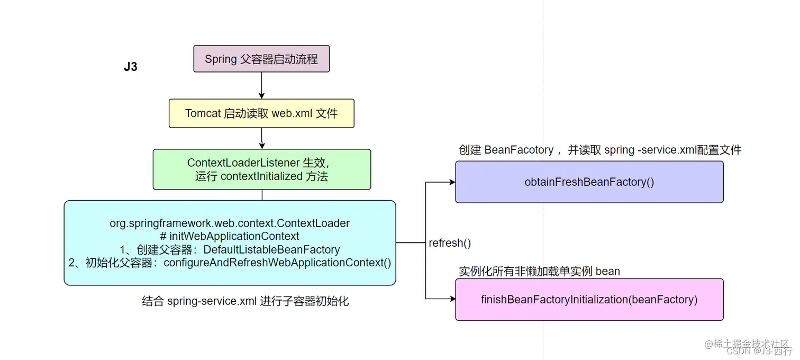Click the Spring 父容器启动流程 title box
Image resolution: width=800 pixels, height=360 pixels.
[261, 59]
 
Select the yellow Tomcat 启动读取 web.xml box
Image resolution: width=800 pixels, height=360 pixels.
[261, 113]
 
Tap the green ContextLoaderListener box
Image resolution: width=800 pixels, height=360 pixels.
[261, 169]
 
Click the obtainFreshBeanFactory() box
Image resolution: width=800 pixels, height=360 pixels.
[589, 182]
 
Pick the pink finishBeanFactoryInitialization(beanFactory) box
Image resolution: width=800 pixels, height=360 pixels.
[589, 300]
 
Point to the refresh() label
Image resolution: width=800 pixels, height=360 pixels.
[450, 243]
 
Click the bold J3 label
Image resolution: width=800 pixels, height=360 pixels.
[131, 67]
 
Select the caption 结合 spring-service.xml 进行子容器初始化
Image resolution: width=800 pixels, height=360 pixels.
[246, 302]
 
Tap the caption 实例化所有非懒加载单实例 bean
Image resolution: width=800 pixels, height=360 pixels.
[539, 272]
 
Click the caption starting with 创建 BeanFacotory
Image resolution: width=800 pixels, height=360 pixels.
[600, 150]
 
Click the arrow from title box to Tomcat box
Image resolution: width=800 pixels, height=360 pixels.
[261, 85]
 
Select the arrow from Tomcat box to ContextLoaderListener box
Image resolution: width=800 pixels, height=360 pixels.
[261, 138]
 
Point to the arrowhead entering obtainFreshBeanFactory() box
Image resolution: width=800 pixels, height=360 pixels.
[452, 182]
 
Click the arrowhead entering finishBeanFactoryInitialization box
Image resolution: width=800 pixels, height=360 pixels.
[452, 299]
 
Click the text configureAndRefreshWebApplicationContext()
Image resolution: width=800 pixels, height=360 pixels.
[277, 263]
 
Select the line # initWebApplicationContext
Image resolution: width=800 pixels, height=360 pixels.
[230, 236]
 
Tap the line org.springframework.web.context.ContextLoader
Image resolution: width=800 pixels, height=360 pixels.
[230, 223]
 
